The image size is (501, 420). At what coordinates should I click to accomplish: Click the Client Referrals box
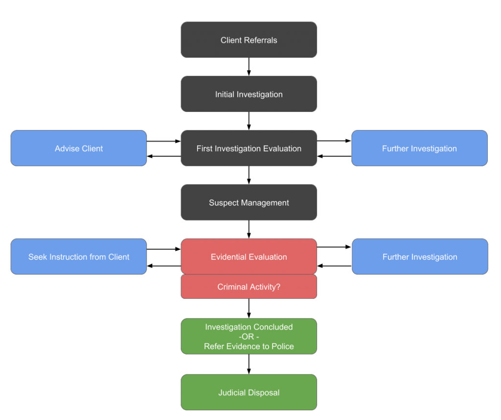pyautogui.click(x=249, y=40)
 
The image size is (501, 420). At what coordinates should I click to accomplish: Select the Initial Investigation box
pyautogui.click(x=249, y=94)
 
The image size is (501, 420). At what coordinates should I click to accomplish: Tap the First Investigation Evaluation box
pyautogui.click(x=249, y=148)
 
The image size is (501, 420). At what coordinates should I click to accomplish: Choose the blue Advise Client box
pyautogui.click(x=79, y=148)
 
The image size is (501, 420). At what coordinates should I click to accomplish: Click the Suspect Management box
pyautogui.click(x=249, y=202)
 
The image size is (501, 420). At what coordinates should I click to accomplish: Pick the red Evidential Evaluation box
pyautogui.click(x=249, y=257)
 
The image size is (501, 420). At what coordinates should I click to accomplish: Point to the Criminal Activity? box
pyautogui.click(x=249, y=287)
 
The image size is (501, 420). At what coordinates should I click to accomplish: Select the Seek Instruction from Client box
pyautogui.click(x=79, y=257)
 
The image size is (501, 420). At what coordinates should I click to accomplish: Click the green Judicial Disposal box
pyautogui.click(x=249, y=392)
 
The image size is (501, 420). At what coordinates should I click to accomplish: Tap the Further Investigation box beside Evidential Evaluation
pyautogui.click(x=420, y=257)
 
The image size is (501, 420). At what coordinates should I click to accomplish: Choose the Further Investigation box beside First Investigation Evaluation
pyautogui.click(x=419, y=148)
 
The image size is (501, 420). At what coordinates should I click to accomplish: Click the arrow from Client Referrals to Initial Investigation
pyautogui.click(x=249, y=67)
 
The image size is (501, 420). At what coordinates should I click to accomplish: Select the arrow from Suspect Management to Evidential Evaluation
pyautogui.click(x=249, y=229)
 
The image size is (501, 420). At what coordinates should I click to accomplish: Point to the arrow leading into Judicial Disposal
pyautogui.click(x=249, y=364)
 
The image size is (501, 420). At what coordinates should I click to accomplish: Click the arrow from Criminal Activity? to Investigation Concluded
pyautogui.click(x=249, y=309)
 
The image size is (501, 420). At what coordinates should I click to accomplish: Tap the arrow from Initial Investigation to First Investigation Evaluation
pyautogui.click(x=249, y=121)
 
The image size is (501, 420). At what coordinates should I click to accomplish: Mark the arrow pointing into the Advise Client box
pyautogui.click(x=163, y=156)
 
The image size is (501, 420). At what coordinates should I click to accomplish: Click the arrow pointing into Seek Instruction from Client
pyautogui.click(x=163, y=265)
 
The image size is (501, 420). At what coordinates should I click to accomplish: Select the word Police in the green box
pyautogui.click(x=282, y=346)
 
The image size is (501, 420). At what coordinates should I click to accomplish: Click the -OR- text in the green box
pyautogui.click(x=249, y=337)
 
